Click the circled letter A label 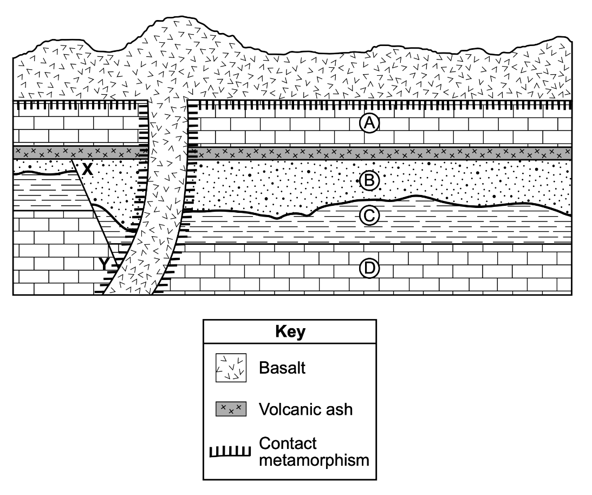[369, 123]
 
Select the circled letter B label [369, 181]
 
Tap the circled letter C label [369, 216]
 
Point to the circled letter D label [369, 268]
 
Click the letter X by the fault [87, 169]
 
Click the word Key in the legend [290, 331]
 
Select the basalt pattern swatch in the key [231, 368]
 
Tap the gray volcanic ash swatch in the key [231, 409]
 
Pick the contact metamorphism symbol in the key [230, 452]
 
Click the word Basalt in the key [282, 367]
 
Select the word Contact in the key [288, 443]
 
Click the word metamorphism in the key [314, 460]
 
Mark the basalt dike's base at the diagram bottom [128, 293]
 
